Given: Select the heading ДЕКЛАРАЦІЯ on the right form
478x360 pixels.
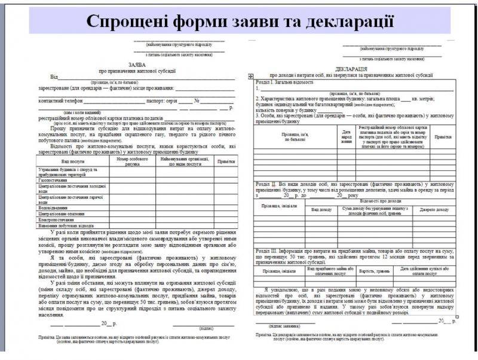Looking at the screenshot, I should [347, 69].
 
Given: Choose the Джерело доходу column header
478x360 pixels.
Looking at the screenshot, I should [434, 210].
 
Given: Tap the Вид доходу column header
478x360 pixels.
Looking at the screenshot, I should [321, 210].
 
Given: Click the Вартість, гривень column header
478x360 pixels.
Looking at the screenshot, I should [375, 271].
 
